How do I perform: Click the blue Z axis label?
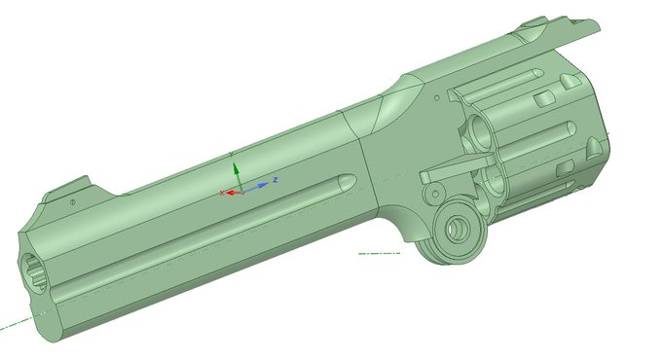tap(276, 180)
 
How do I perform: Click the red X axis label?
tap(221, 193)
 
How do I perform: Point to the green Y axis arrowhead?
tap(236, 168)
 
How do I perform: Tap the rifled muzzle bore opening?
tap(32, 271)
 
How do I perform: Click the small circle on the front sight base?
tap(73, 202)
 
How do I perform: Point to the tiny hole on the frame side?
tap(437, 98)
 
